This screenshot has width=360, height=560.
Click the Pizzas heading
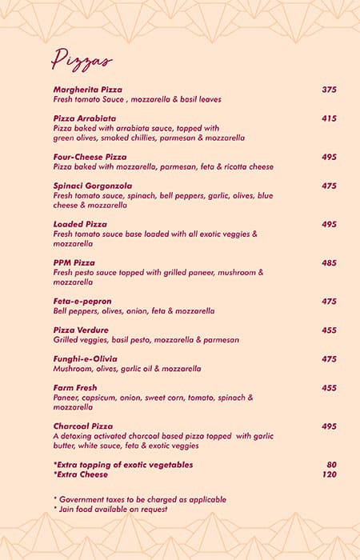tap(82, 60)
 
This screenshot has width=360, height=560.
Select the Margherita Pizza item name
tap(88, 90)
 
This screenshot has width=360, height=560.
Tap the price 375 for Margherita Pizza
tap(329, 90)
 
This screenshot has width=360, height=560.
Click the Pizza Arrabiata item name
tap(85, 118)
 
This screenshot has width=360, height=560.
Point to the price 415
tap(329, 118)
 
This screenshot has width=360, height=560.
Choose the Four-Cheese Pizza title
tap(90, 157)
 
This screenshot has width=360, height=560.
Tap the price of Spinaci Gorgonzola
tap(329, 186)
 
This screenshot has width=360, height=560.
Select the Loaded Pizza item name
tap(80, 224)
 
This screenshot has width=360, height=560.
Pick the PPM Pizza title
tap(74, 262)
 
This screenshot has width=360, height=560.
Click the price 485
tap(329, 262)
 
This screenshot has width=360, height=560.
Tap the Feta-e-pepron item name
tap(82, 301)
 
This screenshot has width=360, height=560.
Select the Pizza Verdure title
tap(81, 330)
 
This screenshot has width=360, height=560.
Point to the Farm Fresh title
tap(75, 387)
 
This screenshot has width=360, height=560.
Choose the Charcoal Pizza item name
tap(83, 426)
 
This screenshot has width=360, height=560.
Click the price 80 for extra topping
tap(331, 465)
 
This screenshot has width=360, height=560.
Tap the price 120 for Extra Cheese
tap(329, 474)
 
